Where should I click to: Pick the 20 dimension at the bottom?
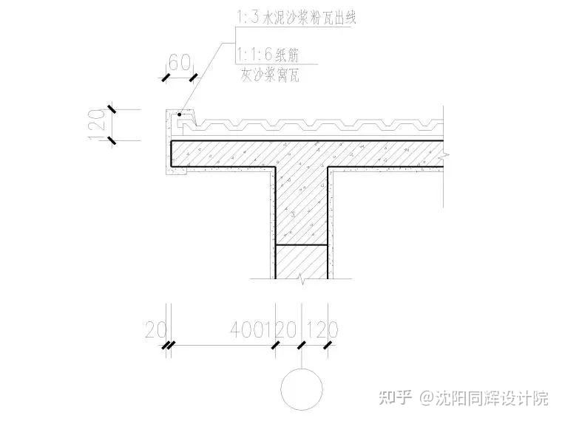[157, 329]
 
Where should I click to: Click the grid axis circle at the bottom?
[301, 387]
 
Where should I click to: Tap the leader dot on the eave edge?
[180, 114]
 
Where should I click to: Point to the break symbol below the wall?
[302, 278]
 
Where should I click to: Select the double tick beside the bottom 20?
[170, 345]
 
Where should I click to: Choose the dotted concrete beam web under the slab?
[302, 203]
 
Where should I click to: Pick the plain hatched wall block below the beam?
[302, 260]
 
